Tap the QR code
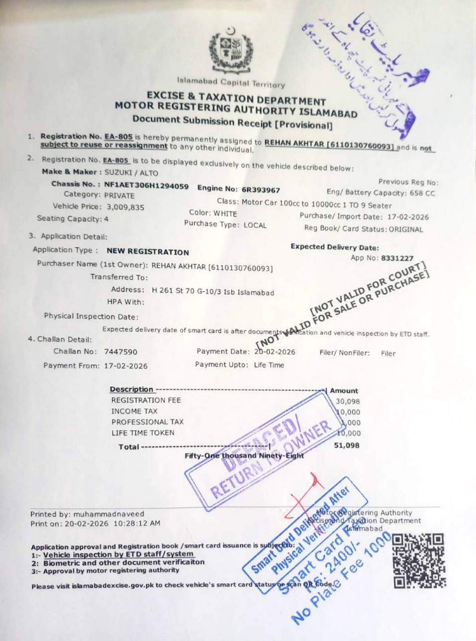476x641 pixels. click(419, 560)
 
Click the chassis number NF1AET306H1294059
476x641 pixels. click(146, 186)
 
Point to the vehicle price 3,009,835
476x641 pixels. click(125, 207)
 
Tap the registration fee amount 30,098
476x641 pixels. click(348, 401)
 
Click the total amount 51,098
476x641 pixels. click(347, 445)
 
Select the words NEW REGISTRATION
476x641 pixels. click(148, 252)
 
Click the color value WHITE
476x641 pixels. click(225, 213)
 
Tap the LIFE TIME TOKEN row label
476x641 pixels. click(143, 433)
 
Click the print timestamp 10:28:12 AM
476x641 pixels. click(137, 523)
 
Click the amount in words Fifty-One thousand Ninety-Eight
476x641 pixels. click(244, 456)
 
